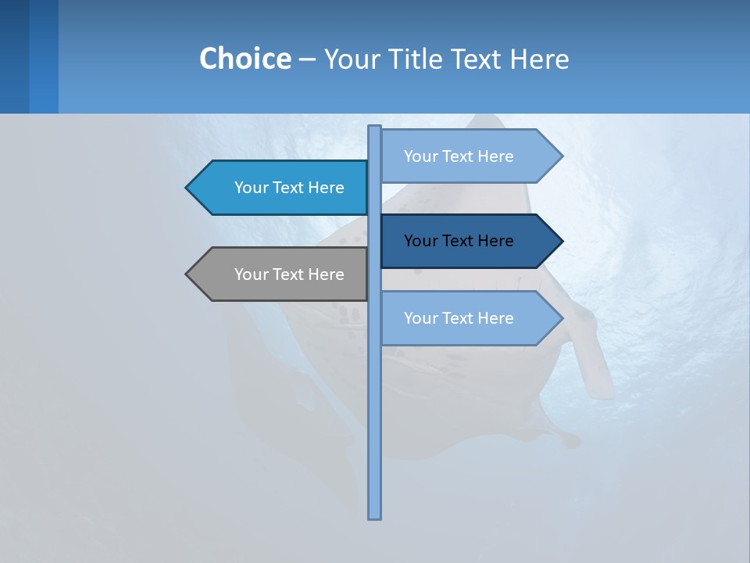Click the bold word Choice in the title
coord(245,59)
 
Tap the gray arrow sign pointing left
coord(281,274)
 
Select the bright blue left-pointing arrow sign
coord(281,188)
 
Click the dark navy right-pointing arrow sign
coord(465,241)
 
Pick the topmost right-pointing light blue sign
coord(465,156)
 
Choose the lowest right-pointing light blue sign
coord(465,318)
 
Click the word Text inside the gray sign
coord(289,274)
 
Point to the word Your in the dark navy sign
coord(420,241)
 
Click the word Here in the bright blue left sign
coord(326,188)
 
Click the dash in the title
coord(307,59)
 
